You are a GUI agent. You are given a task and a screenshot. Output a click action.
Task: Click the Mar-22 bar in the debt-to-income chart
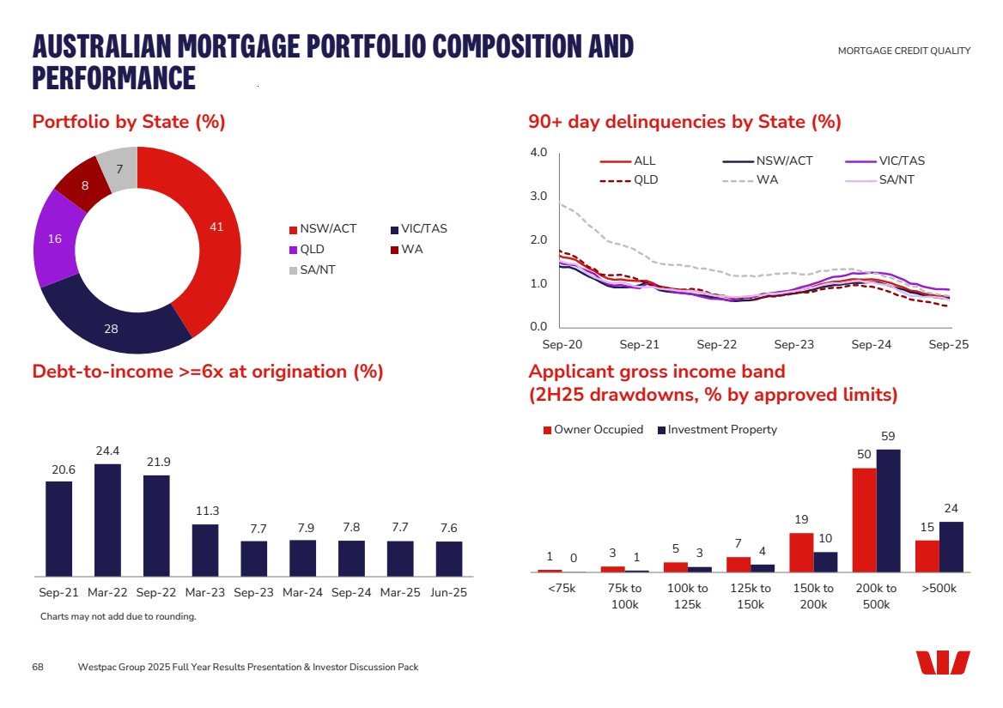click(x=107, y=519)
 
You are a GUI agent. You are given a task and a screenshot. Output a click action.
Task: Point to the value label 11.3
click(x=205, y=511)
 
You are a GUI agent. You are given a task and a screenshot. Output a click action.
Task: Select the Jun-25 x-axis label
click(x=448, y=593)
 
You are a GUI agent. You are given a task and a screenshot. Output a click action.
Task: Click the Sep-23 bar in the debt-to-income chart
click(x=254, y=558)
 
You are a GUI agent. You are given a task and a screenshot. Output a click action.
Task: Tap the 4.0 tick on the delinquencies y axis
click(x=538, y=153)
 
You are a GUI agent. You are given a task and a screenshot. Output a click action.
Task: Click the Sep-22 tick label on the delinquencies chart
click(x=716, y=344)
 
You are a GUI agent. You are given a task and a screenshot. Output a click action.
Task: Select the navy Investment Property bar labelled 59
click(x=888, y=511)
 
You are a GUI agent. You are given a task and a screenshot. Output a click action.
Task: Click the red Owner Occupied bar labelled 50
click(x=864, y=519)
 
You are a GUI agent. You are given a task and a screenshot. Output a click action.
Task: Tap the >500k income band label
click(x=939, y=589)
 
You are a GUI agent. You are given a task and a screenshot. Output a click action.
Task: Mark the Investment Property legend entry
click(x=721, y=430)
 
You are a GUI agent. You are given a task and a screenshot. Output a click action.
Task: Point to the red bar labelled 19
click(x=800, y=552)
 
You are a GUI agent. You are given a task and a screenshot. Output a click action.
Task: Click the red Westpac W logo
click(x=942, y=663)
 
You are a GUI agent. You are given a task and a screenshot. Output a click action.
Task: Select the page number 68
click(x=38, y=667)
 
